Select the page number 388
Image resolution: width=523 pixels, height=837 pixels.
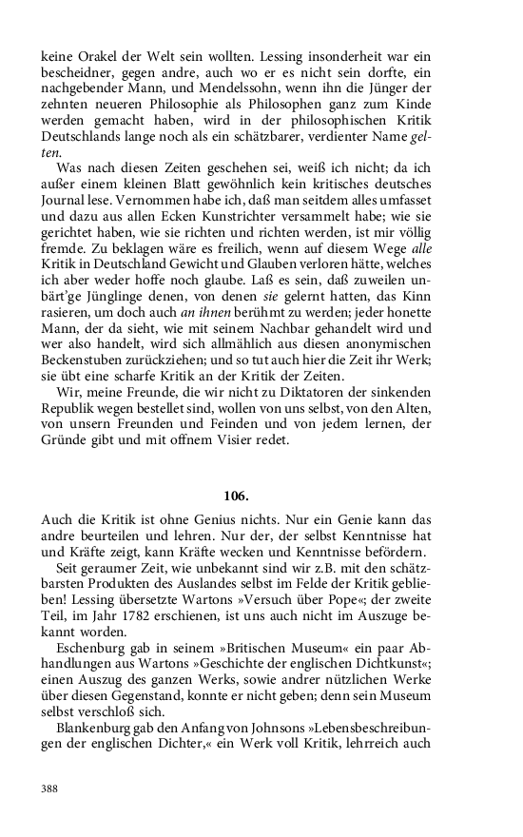pos(52,788)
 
